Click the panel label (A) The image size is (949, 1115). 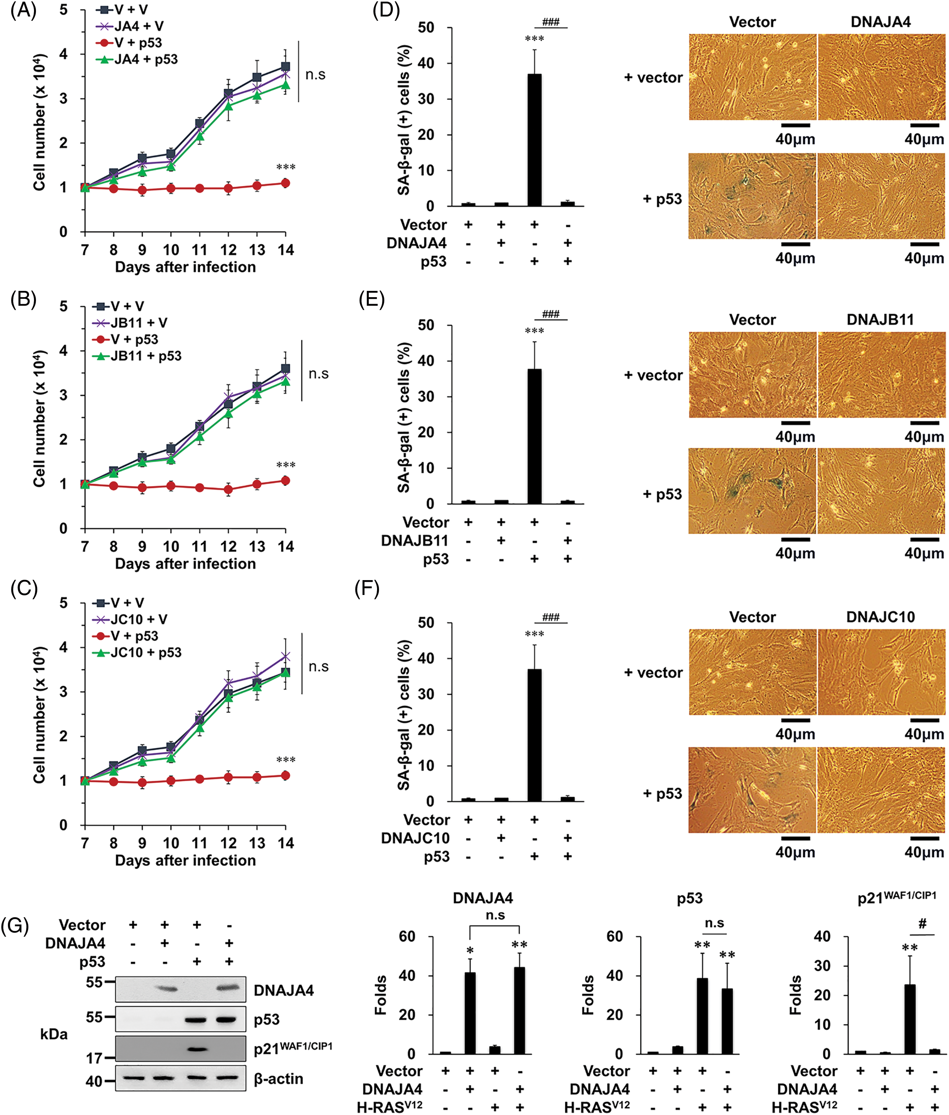tap(24, 11)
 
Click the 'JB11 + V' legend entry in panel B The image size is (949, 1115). tap(139, 323)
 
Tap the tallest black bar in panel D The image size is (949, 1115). tap(534, 140)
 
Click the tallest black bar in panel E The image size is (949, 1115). tap(534, 436)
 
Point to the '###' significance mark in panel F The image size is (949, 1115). tap(551, 617)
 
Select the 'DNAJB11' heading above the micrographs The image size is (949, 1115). tap(880, 320)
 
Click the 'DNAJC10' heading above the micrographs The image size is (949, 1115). tap(880, 617)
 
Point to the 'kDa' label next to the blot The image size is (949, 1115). tap(54, 1034)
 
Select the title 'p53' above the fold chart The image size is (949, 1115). tap(689, 898)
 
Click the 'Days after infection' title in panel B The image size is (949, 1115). tap(185, 564)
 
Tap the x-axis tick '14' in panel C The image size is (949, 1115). tap(286, 843)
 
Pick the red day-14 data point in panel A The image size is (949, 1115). tap(286, 184)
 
